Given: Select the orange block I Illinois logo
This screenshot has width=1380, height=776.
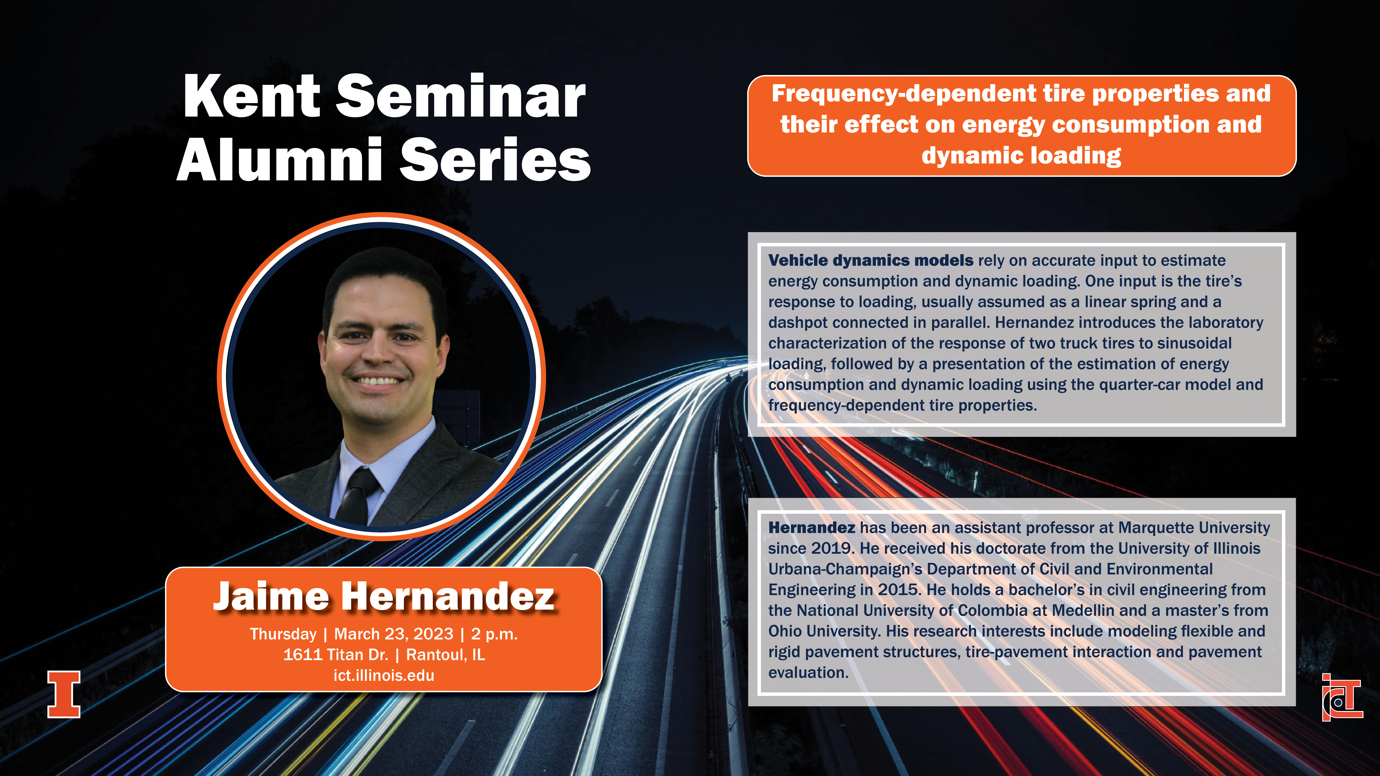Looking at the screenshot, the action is click(64, 694).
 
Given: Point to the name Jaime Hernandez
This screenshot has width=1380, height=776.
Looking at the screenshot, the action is click(384, 596).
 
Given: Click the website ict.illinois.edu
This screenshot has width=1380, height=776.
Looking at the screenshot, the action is click(384, 675).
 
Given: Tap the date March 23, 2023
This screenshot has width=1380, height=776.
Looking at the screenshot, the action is click(394, 634).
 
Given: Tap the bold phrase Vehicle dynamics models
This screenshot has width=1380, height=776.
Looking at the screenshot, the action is click(871, 260).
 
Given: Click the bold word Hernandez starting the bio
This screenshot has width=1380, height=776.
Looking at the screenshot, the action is click(812, 528).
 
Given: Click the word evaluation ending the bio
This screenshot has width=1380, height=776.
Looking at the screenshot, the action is click(808, 673).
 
